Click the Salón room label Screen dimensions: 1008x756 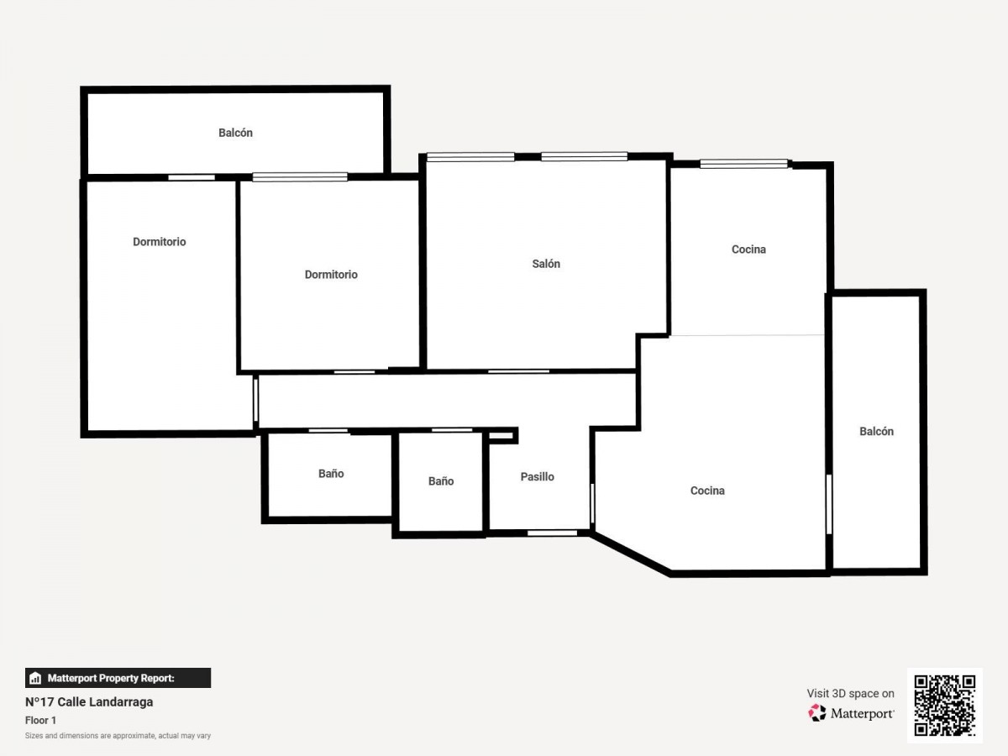(x=546, y=264)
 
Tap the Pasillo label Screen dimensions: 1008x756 (x=538, y=477)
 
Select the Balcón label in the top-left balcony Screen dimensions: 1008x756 (x=235, y=133)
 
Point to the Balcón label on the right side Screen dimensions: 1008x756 (x=877, y=432)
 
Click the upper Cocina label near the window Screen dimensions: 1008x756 (x=748, y=249)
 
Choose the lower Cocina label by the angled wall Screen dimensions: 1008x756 (x=707, y=491)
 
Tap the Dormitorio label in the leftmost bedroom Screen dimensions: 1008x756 (x=160, y=242)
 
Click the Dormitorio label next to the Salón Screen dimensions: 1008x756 (x=331, y=275)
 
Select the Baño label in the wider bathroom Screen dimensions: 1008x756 (x=331, y=473)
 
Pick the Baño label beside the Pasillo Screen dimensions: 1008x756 (x=441, y=481)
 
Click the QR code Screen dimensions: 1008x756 (x=945, y=705)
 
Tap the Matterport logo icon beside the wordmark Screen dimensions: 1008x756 (x=817, y=713)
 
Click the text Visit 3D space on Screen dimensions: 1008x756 (x=850, y=694)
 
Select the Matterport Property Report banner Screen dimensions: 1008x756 (x=118, y=678)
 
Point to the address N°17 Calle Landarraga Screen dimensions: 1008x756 (x=89, y=702)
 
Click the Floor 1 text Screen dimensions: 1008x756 (x=40, y=720)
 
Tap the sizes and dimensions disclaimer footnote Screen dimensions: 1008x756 (x=118, y=736)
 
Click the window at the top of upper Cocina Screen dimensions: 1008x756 (x=744, y=164)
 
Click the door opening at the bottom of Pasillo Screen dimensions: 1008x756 (x=552, y=533)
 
